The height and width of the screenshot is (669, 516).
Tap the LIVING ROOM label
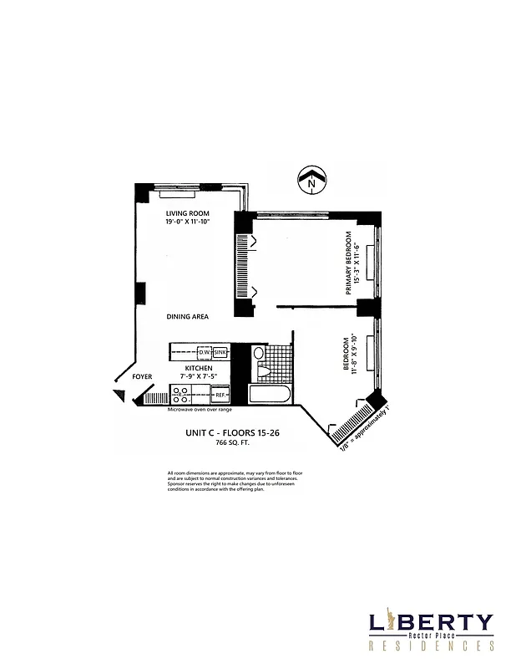tap(186, 214)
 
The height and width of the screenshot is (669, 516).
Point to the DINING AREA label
tap(187, 317)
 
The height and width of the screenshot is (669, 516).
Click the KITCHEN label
tap(199, 368)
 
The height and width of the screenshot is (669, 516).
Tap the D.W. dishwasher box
tap(204, 352)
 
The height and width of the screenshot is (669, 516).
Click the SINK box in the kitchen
tap(220, 352)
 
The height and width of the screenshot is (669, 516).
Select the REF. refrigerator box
tap(220, 394)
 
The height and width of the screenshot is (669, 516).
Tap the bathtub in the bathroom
tap(270, 394)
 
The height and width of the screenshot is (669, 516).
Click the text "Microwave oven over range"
tap(200, 409)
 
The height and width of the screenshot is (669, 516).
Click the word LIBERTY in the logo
tap(431, 623)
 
